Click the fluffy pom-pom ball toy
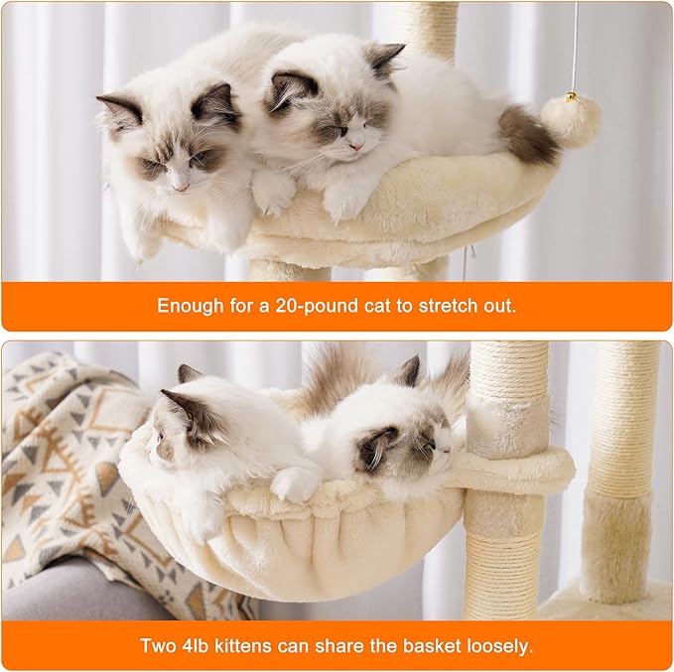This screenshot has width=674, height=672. [x=571, y=120]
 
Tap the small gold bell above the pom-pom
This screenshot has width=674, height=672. [x=571, y=97]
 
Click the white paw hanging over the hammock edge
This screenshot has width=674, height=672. [x=294, y=484]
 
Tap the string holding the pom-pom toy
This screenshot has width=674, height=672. [x=574, y=50]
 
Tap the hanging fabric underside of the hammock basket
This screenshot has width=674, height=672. [x=298, y=556]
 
